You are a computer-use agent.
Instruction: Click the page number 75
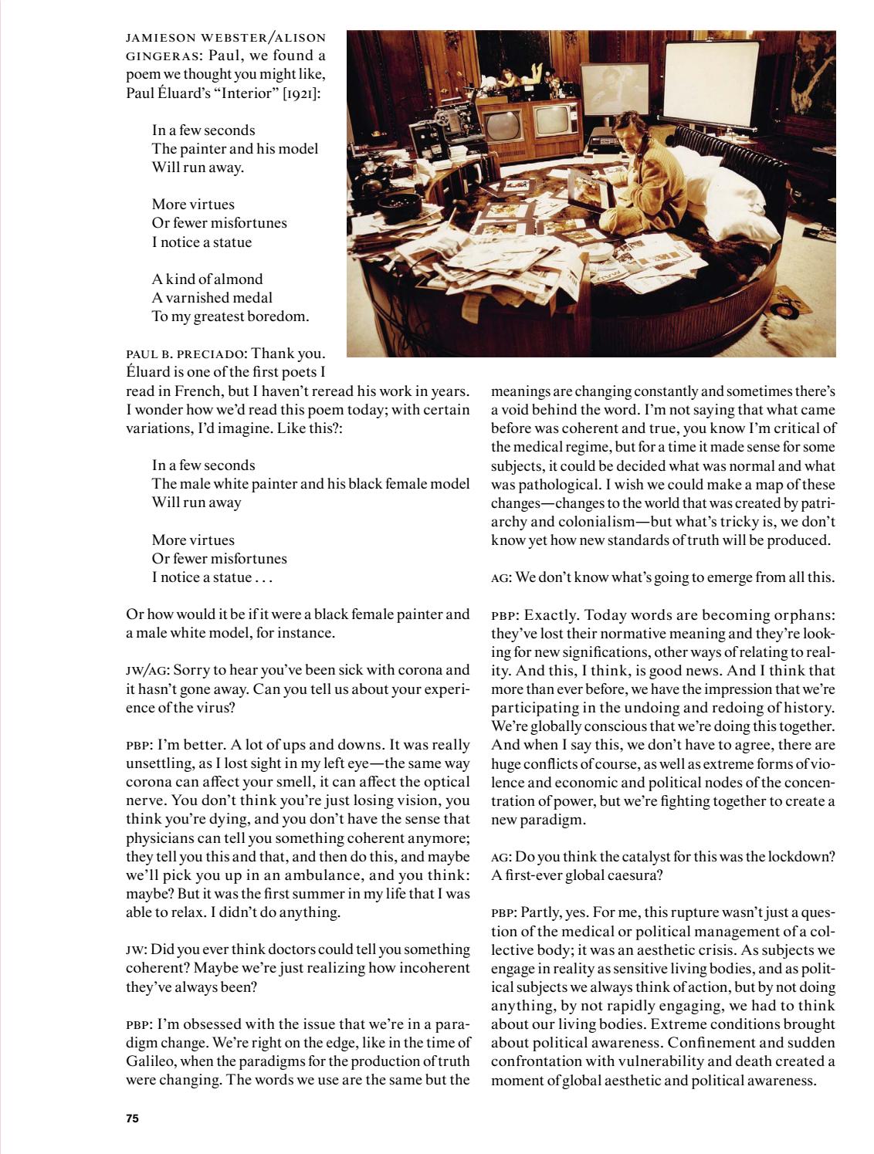coord(132,1118)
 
